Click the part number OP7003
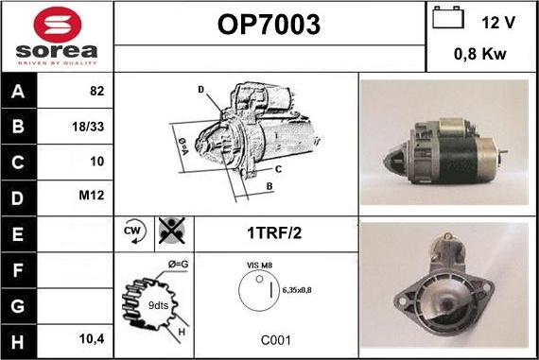269,24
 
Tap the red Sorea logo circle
56,24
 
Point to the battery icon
446,18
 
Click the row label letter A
17,92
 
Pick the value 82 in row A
96,92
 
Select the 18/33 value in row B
89,127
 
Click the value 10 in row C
96,162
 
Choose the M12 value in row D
93,197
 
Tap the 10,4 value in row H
91,336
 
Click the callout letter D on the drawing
201,90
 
